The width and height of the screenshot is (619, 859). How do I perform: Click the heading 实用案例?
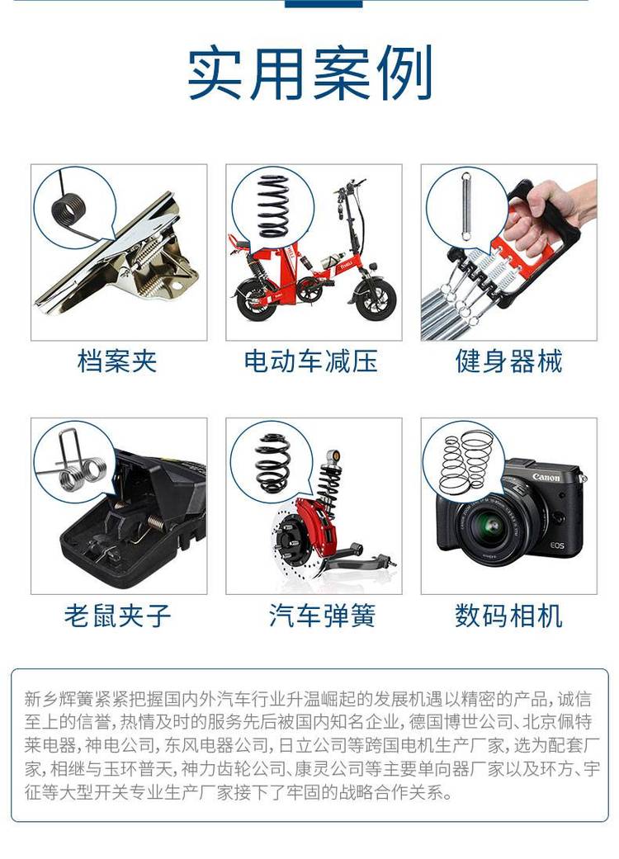coord(310,73)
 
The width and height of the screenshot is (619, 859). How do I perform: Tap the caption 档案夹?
coord(118,361)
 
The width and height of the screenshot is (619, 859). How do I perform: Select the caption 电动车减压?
coord(311,361)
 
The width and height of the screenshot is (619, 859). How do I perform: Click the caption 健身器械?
coord(509,361)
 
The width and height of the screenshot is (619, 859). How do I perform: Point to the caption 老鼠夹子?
coord(118,616)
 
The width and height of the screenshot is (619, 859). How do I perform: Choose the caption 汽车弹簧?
coord(322,616)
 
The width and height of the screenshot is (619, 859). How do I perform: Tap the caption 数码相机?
coord(509,616)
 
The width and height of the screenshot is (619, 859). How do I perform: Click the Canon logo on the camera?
coord(546,477)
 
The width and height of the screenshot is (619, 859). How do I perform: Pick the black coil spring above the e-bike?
coord(273,205)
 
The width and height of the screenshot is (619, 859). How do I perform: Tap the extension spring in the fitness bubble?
coord(466,206)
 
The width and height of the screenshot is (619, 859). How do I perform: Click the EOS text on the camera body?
coord(557,545)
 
